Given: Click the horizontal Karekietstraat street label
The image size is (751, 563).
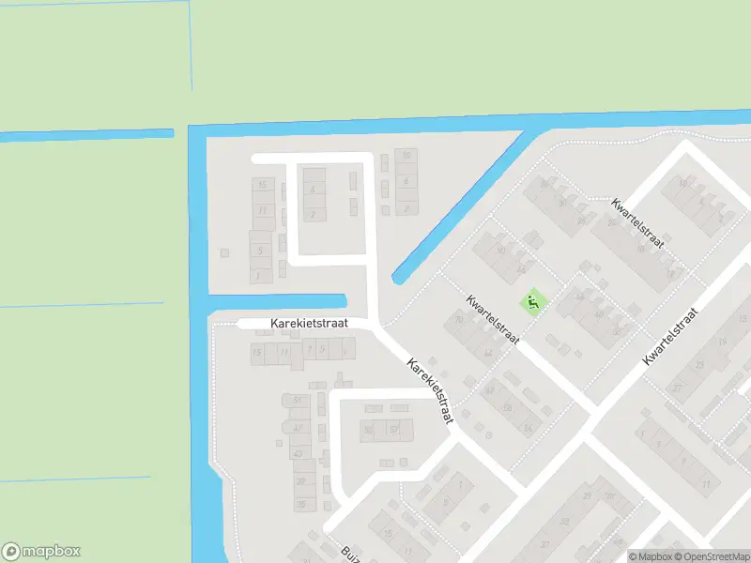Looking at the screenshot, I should (309, 323).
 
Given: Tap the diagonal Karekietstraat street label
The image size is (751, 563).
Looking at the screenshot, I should (431, 389).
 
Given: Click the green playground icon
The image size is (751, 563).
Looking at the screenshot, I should (532, 302).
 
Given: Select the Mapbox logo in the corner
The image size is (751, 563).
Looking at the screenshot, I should (41, 552).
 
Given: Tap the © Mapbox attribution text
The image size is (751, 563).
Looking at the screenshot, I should (648, 556).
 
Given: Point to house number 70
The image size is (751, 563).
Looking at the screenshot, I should (458, 320).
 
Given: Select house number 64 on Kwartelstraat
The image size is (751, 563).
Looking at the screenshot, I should (488, 354).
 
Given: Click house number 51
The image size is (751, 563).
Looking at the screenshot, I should (298, 400).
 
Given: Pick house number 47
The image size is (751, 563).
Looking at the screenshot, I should (298, 427).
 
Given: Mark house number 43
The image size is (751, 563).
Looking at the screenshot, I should (299, 453).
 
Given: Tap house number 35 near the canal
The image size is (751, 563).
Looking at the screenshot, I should (301, 504).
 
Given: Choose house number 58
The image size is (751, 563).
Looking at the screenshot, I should (508, 408).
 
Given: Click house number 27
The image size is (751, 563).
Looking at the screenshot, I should (677, 388).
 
